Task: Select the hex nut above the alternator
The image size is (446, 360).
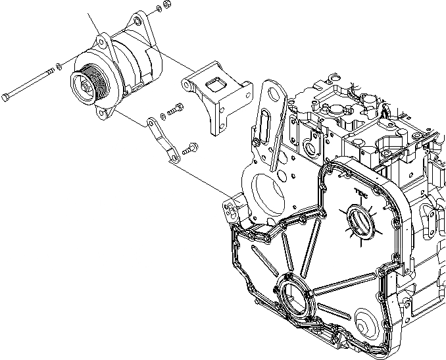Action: pos(166,5)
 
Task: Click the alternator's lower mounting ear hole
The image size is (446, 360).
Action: pos(103,115)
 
